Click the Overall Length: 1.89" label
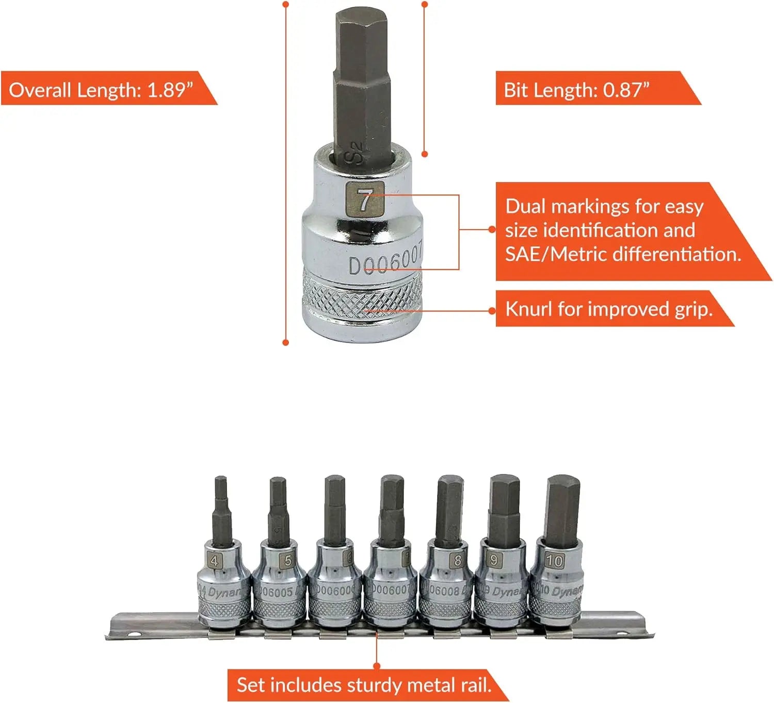click(x=101, y=90)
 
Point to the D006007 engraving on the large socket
click(x=386, y=259)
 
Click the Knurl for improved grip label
click(x=609, y=309)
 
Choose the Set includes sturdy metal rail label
click(x=364, y=685)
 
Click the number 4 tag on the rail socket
click(x=214, y=561)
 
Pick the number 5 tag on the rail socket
click(x=287, y=560)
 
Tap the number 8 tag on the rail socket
click(x=457, y=560)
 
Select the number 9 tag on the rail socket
click(x=494, y=560)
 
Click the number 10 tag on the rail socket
click(x=554, y=561)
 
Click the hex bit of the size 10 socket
click(x=563, y=508)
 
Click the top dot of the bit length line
click(x=425, y=5)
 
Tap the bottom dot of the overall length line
click(x=286, y=342)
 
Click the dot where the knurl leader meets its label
click(x=493, y=310)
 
